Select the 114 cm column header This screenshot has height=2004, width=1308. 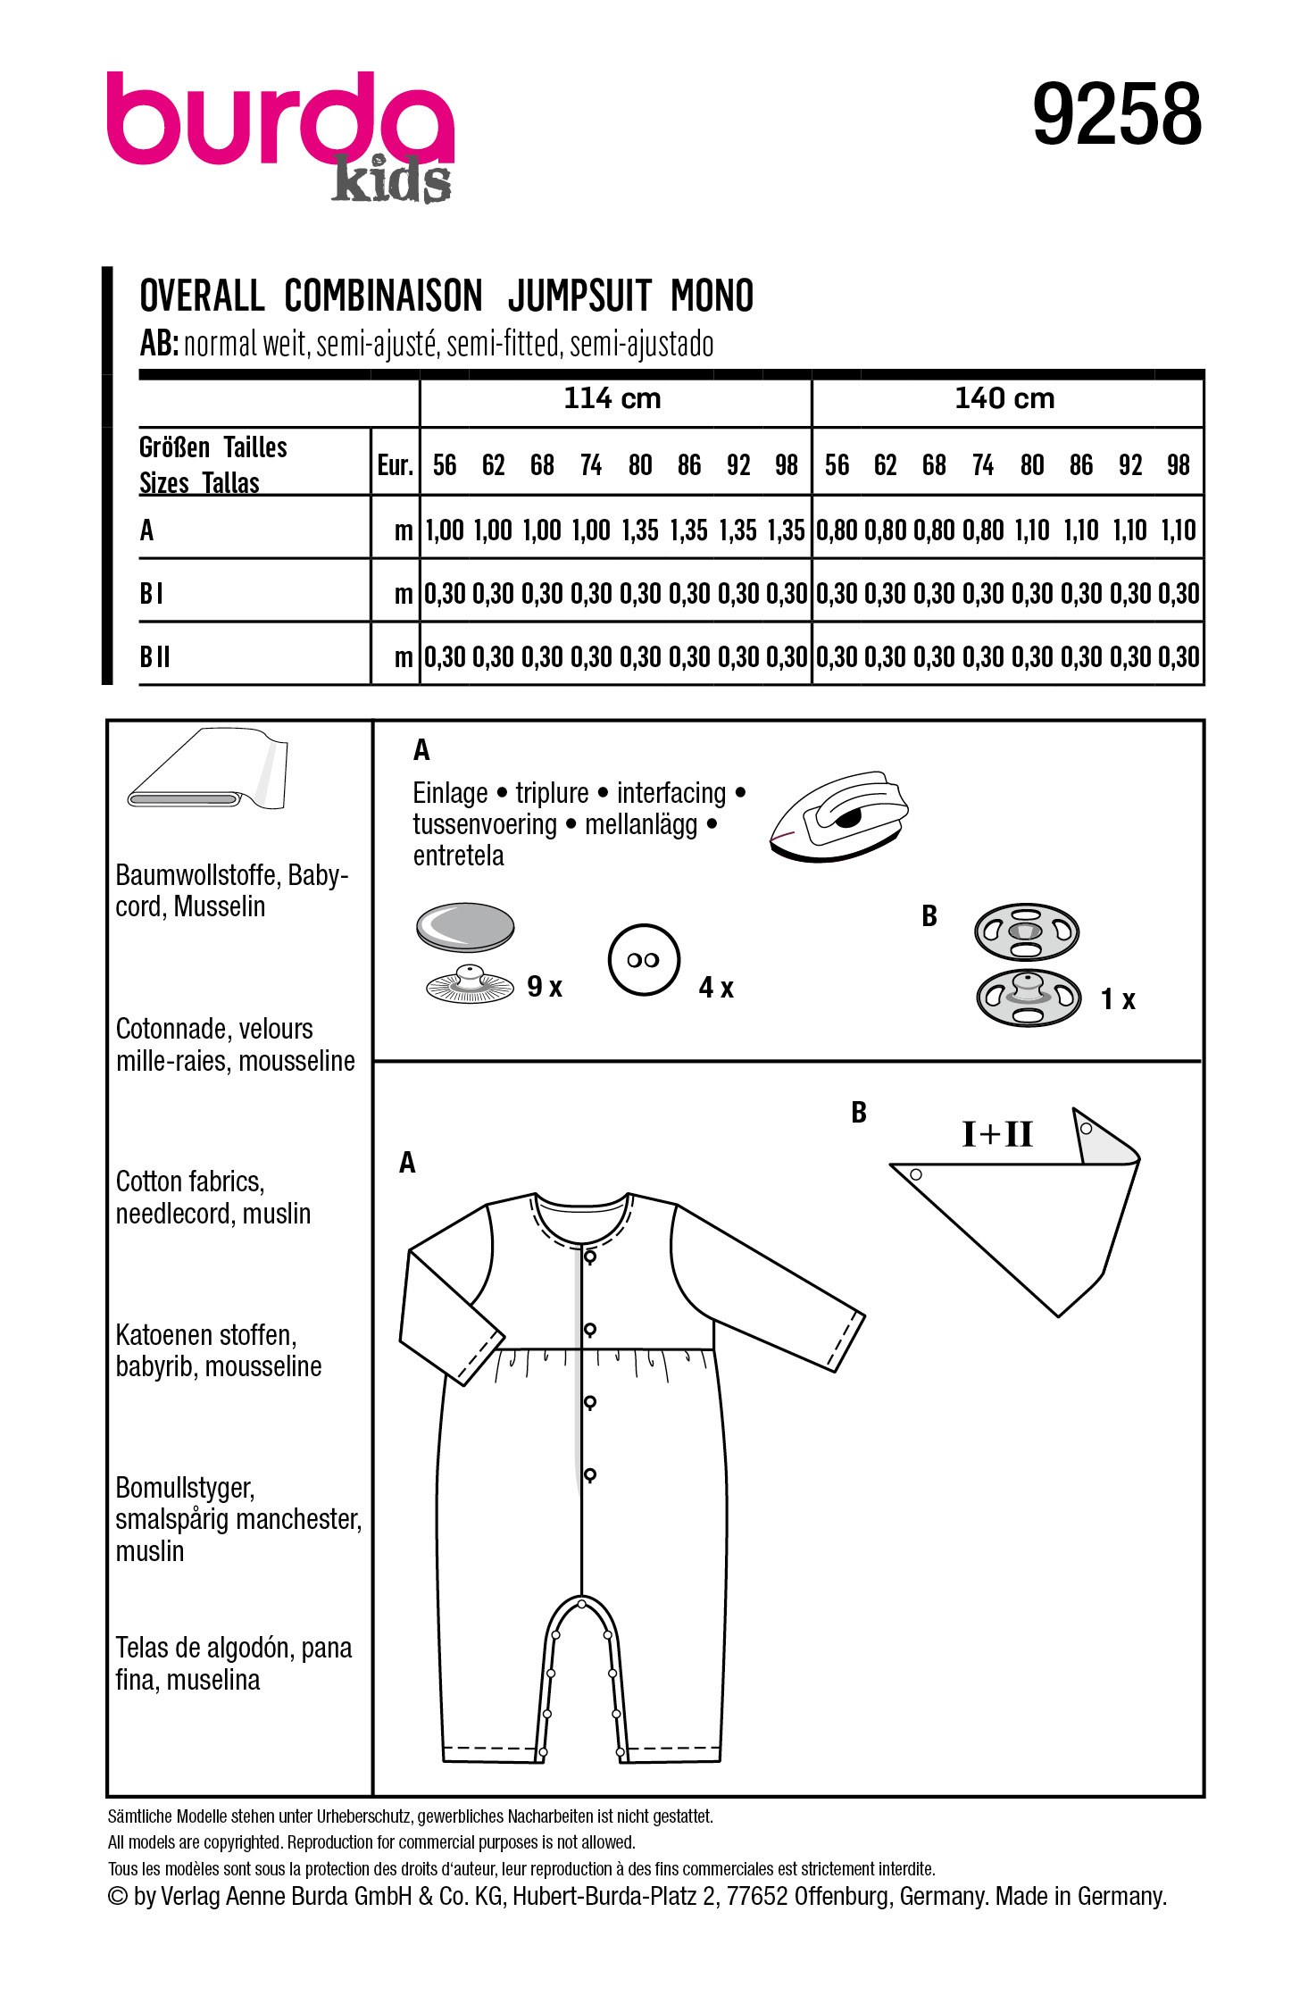coord(612,398)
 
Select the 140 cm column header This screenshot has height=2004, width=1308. coord(1004,398)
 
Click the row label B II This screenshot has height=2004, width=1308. coord(154,657)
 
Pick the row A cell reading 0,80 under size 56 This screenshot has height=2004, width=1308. coord(837,530)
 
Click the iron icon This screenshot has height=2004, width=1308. coord(838,816)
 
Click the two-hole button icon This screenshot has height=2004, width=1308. coord(644,960)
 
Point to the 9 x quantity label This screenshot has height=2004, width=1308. coord(544,987)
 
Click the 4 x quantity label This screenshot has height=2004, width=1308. coord(716,988)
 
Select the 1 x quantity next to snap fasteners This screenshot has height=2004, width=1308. coord(1117,999)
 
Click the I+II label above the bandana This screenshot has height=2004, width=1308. coord(997,1134)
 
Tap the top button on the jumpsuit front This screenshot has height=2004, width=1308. coord(590,1257)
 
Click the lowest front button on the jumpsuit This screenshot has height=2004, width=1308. coord(590,1474)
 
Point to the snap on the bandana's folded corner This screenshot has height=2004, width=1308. coord(1086,1129)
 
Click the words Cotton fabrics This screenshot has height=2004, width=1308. coord(190,1182)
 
